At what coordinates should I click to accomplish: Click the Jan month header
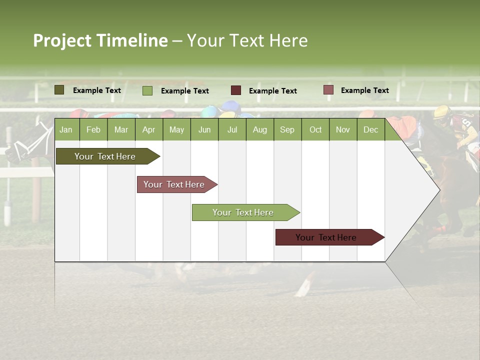pyautogui.click(x=66, y=130)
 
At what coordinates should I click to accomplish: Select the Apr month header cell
pyautogui.click(x=149, y=130)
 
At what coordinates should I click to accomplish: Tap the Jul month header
pyautogui.click(x=232, y=130)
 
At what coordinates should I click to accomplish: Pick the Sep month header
pyautogui.click(x=287, y=130)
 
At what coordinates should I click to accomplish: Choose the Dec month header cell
pyautogui.click(x=370, y=130)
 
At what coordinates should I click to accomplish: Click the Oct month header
pyautogui.click(x=315, y=130)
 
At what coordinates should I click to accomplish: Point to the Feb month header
pyautogui.click(x=93, y=130)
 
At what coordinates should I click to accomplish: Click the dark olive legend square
pyautogui.click(x=59, y=90)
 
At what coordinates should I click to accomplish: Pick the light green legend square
pyautogui.click(x=147, y=90)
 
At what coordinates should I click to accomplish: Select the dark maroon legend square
pyautogui.click(x=236, y=90)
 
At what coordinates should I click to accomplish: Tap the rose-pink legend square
pyautogui.click(x=328, y=90)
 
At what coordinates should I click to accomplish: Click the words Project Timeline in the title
pyautogui.click(x=100, y=40)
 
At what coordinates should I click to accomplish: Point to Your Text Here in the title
pyautogui.click(x=247, y=40)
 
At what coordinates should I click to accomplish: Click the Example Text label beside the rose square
pyautogui.click(x=364, y=90)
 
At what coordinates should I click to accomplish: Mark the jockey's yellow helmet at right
pyautogui.click(x=442, y=112)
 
